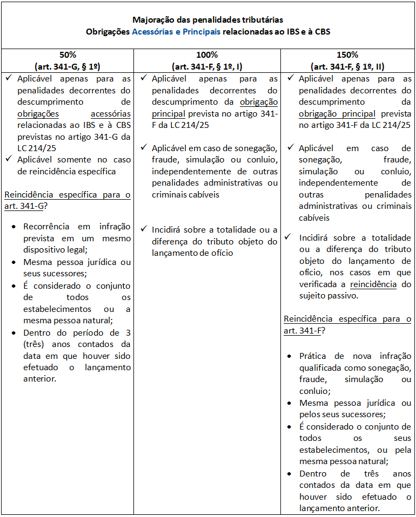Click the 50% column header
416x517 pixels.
67,55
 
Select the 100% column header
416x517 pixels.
207,55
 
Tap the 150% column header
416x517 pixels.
347,55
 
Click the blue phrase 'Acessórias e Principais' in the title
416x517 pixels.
176,31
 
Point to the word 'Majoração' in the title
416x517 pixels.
152,20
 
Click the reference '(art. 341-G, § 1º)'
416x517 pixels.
67,66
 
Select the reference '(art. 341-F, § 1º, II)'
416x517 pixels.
347,66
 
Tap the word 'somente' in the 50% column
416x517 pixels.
73,160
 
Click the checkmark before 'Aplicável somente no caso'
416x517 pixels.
9,159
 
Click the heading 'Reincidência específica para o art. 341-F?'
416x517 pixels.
347,324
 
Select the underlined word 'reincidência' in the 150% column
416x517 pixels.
373,284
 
